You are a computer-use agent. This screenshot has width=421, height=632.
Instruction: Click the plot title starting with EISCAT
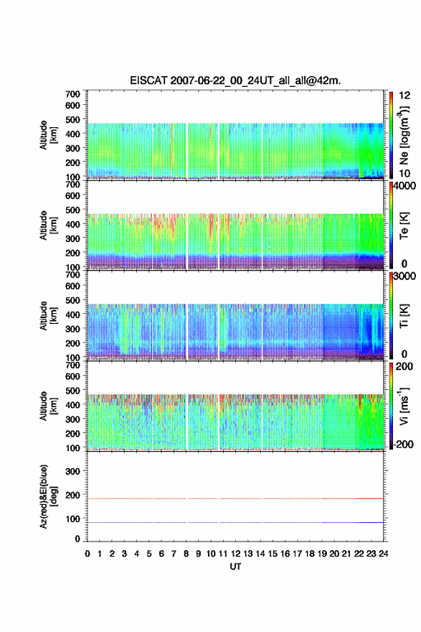(235, 80)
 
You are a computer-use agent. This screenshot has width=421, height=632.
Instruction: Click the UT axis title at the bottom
(235, 567)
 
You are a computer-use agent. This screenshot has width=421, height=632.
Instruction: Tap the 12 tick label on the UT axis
(235, 554)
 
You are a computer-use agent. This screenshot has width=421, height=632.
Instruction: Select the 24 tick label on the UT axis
(383, 554)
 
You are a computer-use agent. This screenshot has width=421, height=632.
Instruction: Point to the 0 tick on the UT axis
(87, 554)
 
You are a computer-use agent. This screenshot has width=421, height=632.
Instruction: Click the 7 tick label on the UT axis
(174, 554)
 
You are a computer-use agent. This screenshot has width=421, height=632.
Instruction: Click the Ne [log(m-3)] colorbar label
(404, 134)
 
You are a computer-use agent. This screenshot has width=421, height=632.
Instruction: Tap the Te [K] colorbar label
(404, 226)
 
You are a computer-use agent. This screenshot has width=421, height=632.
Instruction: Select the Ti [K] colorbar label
(404, 316)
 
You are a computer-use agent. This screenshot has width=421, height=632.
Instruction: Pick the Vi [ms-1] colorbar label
(404, 406)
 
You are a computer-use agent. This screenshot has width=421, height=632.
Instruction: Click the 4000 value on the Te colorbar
(405, 186)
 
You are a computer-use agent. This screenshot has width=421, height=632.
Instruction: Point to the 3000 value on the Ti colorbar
(405, 276)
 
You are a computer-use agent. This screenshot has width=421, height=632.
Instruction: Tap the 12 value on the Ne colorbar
(405, 96)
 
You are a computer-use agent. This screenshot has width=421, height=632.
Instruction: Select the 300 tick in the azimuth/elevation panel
(73, 471)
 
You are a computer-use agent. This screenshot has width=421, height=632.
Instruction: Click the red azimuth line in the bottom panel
(235, 498)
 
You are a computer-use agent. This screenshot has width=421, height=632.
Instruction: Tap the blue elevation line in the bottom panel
(235, 522)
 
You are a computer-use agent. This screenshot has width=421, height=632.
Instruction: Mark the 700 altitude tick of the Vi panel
(73, 365)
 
